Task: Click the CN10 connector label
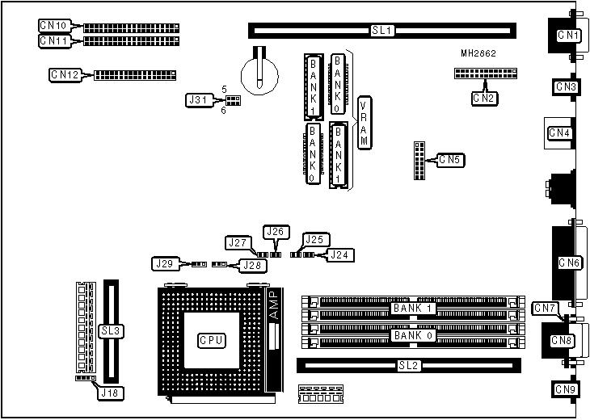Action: tap(54, 25)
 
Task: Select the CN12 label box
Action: tap(65, 75)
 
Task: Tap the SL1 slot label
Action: tap(381, 31)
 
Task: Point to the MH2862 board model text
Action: tap(478, 53)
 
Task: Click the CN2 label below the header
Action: tap(485, 99)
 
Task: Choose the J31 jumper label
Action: tap(198, 100)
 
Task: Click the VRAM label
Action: tap(365, 123)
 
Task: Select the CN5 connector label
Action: tap(450, 160)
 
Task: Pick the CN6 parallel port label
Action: tap(569, 262)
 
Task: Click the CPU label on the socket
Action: tap(209, 341)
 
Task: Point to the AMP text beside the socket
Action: tap(272, 308)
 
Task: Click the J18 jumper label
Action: tap(108, 393)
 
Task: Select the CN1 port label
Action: tap(570, 36)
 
